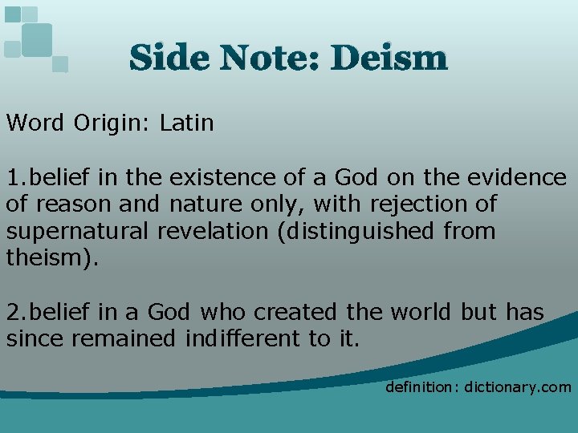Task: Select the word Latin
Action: [x=187, y=123]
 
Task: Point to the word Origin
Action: [x=112, y=123]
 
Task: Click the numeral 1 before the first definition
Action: [x=12, y=178]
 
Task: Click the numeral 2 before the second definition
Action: [x=12, y=312]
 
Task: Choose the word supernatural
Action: [x=78, y=232]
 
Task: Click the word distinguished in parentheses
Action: [x=358, y=232]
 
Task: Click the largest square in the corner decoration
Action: [x=36, y=39]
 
